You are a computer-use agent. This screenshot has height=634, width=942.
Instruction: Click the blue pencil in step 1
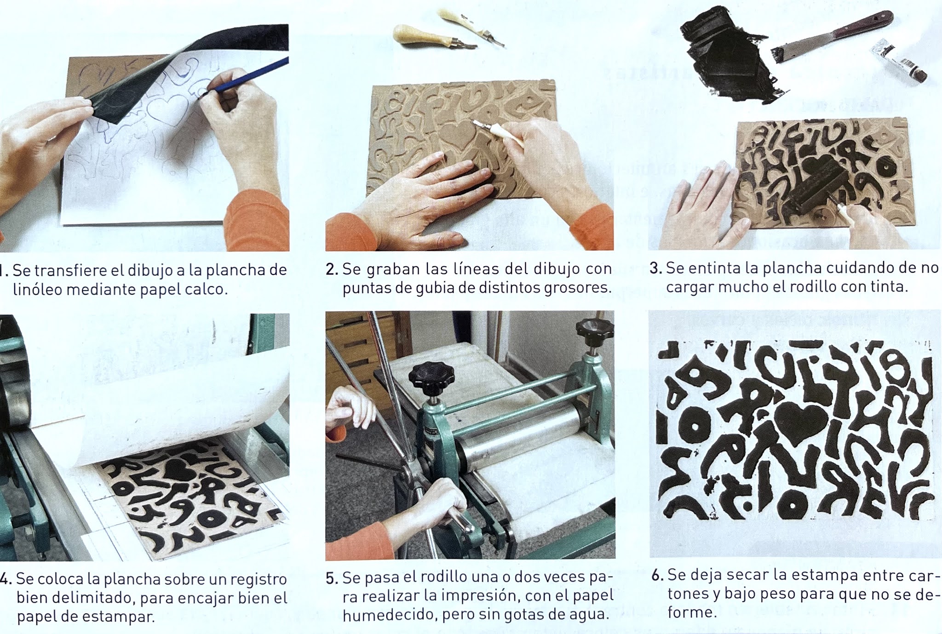click(x=248, y=76)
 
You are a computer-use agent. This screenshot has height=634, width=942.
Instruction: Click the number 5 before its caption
click(x=331, y=578)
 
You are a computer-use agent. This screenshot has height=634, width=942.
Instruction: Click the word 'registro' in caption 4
click(x=258, y=579)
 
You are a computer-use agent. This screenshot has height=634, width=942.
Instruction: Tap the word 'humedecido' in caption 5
click(x=382, y=615)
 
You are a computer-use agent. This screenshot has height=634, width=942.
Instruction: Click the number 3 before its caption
click(x=655, y=268)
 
